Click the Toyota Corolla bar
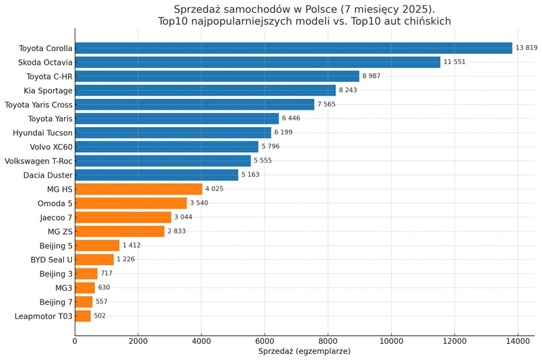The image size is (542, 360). (x=294, y=48)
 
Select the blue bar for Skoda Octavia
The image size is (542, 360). (x=257, y=62)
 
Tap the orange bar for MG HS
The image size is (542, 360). (x=139, y=189)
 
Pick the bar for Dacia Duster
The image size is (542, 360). (x=156, y=175)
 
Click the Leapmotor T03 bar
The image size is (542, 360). (x=83, y=316)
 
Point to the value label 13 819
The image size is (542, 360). (x=527, y=48)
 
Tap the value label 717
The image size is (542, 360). (x=106, y=274)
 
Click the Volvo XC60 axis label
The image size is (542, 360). (x=51, y=147)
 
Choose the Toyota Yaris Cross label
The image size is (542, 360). (x=38, y=104)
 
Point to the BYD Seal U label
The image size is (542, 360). (x=51, y=260)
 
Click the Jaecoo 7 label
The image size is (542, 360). (x=56, y=217)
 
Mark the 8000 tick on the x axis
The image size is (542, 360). (x=328, y=341)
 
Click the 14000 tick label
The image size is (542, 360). (x=518, y=341)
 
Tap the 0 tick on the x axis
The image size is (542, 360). (x=75, y=341)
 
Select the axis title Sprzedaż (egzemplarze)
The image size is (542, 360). (x=304, y=351)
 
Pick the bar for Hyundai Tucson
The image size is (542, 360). (x=173, y=133)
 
